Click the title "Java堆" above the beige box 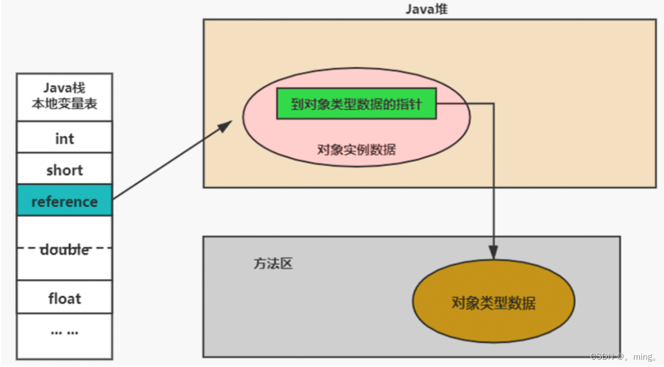pyautogui.click(x=426, y=10)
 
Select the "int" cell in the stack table pyautogui.click(x=64, y=138)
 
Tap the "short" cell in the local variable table pyautogui.click(x=64, y=170)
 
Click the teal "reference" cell pyautogui.click(x=64, y=201)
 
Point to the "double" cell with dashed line pyautogui.click(x=64, y=248)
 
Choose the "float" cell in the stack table pyautogui.click(x=64, y=298)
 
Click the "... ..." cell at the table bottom pyautogui.click(x=64, y=331)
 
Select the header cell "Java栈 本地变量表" pyautogui.click(x=64, y=96)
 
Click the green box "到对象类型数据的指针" pyautogui.click(x=356, y=103)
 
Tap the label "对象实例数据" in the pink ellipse pyautogui.click(x=356, y=149)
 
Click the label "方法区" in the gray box pyautogui.click(x=273, y=264)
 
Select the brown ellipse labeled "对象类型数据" pyautogui.click(x=493, y=302)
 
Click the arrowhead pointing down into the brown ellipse pyautogui.click(x=493, y=253)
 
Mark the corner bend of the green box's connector pyautogui.click(x=493, y=103)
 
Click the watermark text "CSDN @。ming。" pyautogui.click(x=624, y=356)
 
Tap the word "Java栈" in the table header pyautogui.click(x=64, y=88)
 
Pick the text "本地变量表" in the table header pyautogui.click(x=64, y=103)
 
